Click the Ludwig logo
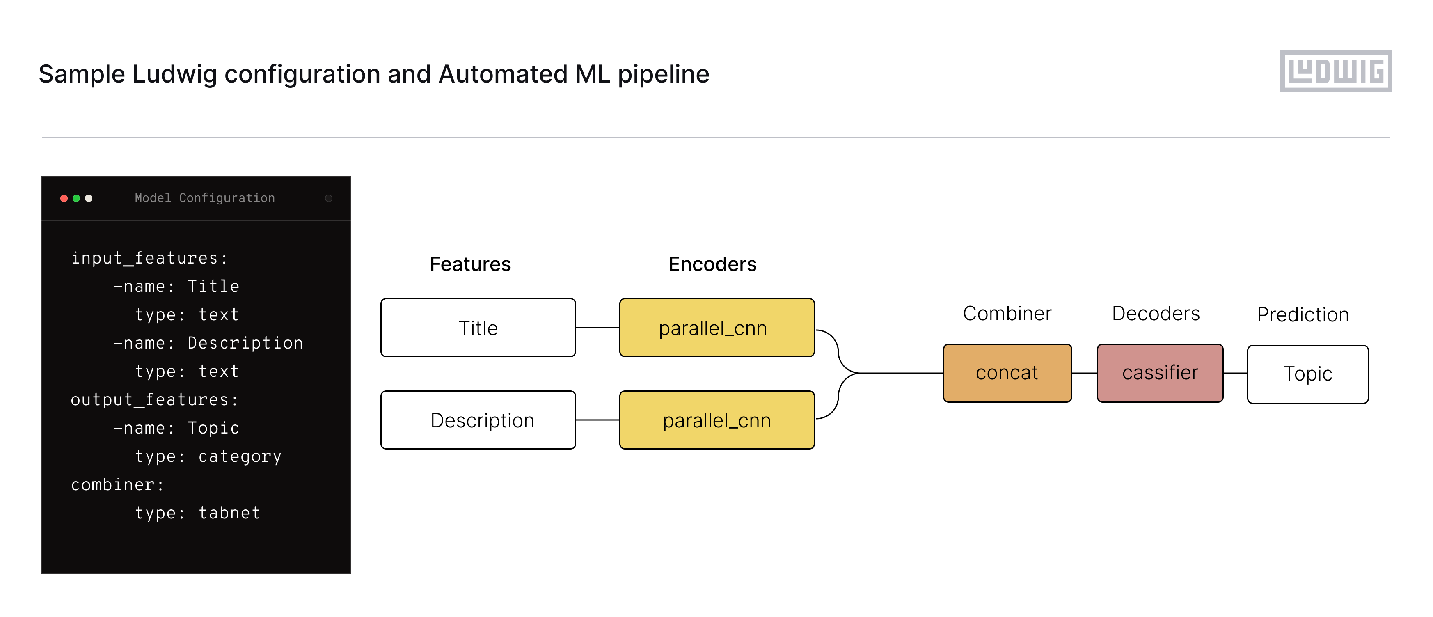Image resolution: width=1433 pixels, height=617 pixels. tap(1336, 71)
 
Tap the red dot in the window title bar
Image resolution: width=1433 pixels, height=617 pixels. tap(64, 198)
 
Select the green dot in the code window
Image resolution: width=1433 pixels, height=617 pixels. tap(76, 198)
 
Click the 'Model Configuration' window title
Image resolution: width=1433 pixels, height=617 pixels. tap(205, 198)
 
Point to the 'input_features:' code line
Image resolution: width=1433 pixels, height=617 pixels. tap(149, 258)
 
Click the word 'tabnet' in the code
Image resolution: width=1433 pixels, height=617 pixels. tap(229, 513)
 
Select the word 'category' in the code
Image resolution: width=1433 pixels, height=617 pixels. tap(240, 456)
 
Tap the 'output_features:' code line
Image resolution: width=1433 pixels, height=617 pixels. tap(154, 399)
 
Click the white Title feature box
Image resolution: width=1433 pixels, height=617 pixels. tap(478, 328)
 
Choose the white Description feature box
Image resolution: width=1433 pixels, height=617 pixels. tap(478, 420)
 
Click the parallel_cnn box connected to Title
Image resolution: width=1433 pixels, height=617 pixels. tap(716, 328)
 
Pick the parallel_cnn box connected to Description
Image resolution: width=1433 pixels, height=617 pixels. tap(716, 420)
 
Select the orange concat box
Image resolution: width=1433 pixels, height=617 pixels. tap(1007, 373)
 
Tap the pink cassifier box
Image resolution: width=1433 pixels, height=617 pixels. tap(1160, 373)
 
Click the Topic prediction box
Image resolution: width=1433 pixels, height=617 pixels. tap(1307, 374)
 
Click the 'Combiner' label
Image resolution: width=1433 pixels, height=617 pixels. tap(1007, 313)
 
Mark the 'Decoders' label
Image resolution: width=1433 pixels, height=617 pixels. tap(1156, 313)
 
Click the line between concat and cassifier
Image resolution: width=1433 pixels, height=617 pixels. tap(1084, 373)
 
